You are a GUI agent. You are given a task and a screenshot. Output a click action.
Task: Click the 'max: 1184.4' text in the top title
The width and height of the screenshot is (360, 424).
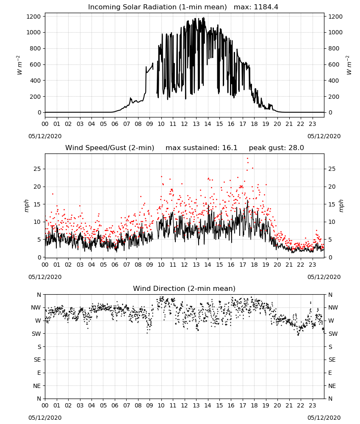256,7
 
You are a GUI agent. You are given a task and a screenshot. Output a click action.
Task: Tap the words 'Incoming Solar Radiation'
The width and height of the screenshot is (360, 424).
132,7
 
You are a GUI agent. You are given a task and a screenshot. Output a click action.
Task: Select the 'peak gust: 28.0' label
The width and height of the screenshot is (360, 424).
276,148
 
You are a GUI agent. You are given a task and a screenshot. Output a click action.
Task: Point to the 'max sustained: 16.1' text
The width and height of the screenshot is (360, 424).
202,148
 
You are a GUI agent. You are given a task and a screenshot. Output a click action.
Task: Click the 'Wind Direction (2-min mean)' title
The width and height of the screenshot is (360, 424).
184,288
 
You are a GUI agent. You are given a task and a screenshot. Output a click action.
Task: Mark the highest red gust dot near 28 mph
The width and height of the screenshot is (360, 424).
247,159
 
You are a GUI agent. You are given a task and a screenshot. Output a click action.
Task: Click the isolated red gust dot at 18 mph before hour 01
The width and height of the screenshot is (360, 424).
53,194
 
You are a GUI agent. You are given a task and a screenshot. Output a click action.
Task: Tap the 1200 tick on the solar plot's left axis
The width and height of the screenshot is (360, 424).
33,17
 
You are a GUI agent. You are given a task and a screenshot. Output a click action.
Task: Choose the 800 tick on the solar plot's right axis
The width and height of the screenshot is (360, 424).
334,48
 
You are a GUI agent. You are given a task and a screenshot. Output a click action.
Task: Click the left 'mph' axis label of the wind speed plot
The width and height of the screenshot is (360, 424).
26,206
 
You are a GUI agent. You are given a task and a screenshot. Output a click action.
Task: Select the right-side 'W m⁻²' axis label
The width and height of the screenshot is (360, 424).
349,65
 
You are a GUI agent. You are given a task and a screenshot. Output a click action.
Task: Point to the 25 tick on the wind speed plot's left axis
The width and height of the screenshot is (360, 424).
37,169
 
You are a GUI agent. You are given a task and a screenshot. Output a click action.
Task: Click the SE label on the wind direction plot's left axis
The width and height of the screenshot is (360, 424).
37,360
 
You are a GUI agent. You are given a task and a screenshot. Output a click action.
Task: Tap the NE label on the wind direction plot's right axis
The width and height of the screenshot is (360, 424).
332,386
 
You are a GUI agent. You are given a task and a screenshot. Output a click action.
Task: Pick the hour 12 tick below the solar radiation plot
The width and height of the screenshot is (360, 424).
184,124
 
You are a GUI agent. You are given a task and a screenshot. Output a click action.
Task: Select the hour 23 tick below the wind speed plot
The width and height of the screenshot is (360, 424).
312,265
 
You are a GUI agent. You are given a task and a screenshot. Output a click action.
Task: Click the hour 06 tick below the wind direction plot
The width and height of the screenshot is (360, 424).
115,405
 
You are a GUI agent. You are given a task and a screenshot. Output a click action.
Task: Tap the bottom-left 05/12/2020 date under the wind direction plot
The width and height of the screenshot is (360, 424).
45,418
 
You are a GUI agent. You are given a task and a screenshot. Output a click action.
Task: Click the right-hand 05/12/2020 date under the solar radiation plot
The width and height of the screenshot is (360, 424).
324,136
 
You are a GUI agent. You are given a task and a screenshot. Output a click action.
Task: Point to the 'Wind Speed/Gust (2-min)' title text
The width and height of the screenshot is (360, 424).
110,148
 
